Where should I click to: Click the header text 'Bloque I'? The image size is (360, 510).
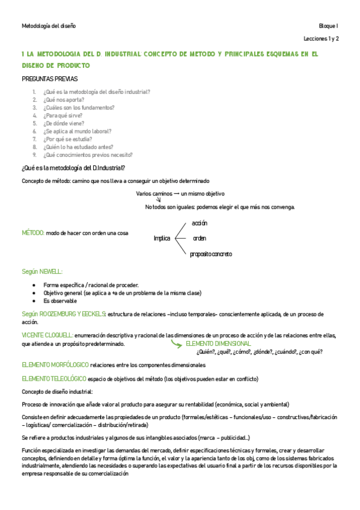pos(329,26)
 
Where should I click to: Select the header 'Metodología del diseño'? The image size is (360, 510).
pos(49,26)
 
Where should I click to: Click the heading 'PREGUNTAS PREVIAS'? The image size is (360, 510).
pos(49,79)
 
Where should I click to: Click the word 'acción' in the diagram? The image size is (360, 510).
pos(200,223)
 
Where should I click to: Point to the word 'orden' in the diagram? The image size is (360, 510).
pos(200,238)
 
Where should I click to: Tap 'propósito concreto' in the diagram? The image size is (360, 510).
pos(211,254)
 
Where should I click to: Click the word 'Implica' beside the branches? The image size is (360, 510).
pos(162,238)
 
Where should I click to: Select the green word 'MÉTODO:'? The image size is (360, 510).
pos(32,232)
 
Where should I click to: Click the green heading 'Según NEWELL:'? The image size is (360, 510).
pos(41,272)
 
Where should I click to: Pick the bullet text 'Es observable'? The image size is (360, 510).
pos(60,300)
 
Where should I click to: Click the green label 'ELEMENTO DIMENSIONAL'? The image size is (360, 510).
pos(219,343)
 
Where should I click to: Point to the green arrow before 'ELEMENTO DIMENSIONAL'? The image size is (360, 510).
pos(177,343)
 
